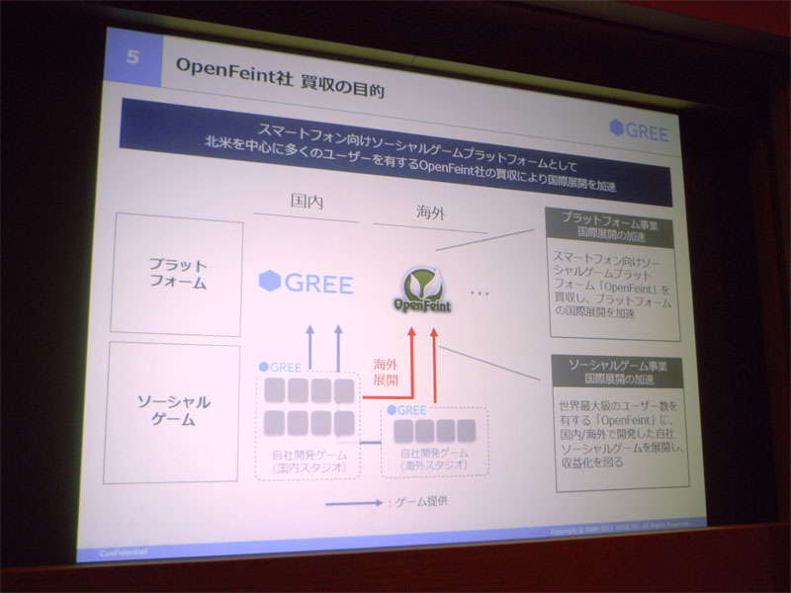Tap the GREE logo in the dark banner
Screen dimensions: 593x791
pos(639,130)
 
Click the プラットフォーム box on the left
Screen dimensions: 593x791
pos(178,274)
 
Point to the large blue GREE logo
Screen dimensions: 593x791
pos(306,284)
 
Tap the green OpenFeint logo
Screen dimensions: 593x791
pos(425,290)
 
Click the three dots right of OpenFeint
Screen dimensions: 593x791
pos(481,294)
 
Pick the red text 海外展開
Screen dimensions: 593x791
pos(385,372)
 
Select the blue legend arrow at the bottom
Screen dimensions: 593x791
pos(353,503)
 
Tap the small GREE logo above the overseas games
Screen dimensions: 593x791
pos(405,409)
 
